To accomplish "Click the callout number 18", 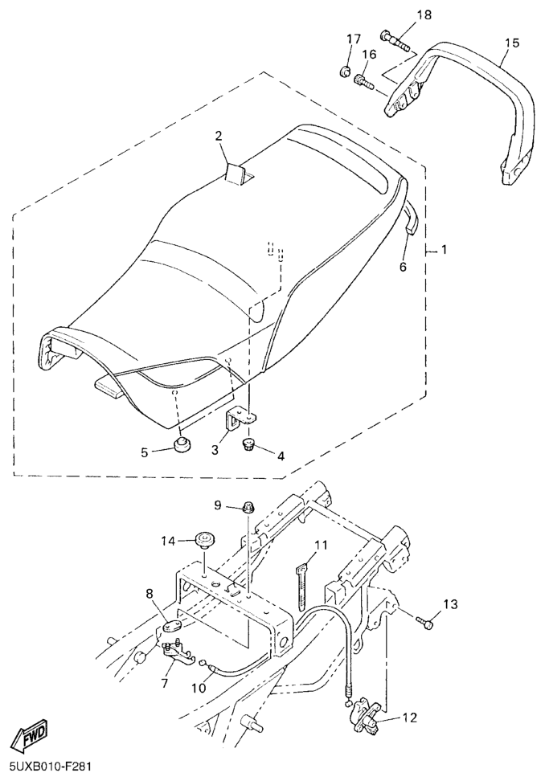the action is [x=424, y=14].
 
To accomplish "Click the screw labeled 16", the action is [x=363, y=81].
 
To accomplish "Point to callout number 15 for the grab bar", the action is [x=511, y=43].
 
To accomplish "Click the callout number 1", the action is [x=444, y=250].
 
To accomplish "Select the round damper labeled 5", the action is [x=182, y=443].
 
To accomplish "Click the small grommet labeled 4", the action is [x=248, y=444].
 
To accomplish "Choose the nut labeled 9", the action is [x=248, y=508].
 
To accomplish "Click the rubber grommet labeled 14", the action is [x=204, y=538].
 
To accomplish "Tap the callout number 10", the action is [x=199, y=688].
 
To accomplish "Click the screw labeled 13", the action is [x=424, y=621].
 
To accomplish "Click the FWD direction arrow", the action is [x=30, y=736].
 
